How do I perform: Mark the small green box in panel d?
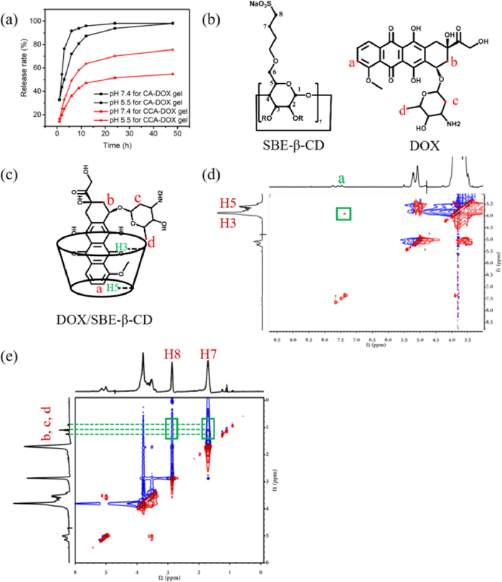344,214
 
